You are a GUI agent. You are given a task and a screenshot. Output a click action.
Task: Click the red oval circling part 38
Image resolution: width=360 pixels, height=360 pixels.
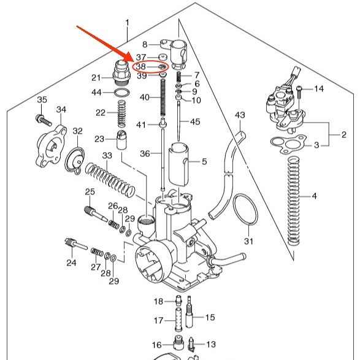[x=151, y=61]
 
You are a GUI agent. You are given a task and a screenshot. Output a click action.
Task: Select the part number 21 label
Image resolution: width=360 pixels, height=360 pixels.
[x=96, y=78]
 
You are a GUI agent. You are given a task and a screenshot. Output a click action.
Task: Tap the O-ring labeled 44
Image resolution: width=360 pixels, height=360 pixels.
[x=121, y=93]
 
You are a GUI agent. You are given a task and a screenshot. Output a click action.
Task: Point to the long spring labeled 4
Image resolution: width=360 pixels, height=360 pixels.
[x=294, y=201]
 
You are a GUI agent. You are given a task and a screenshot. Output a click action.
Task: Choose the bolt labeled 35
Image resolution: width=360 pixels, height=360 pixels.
[x=44, y=120]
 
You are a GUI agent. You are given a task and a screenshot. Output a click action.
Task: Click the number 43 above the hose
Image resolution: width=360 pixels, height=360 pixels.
[x=240, y=115]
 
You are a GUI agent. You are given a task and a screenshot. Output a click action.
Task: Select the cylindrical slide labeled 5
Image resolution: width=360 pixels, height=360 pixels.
[x=178, y=164]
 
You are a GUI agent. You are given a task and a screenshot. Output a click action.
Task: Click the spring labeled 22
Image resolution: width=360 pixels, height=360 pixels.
[x=121, y=114]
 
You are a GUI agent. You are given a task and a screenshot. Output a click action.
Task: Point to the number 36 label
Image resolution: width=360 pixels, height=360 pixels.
[x=145, y=153]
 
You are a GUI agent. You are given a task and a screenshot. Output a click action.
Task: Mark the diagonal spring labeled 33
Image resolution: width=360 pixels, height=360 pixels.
[x=110, y=180]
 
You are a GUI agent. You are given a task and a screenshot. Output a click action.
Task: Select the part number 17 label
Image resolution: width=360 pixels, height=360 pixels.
[x=158, y=320]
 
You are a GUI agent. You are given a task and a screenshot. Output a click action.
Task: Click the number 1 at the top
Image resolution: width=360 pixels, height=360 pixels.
[x=128, y=23]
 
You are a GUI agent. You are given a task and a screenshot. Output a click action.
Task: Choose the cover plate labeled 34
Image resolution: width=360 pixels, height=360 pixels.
[x=51, y=146]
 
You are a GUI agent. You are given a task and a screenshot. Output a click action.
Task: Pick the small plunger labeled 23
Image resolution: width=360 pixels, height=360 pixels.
[x=121, y=140]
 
